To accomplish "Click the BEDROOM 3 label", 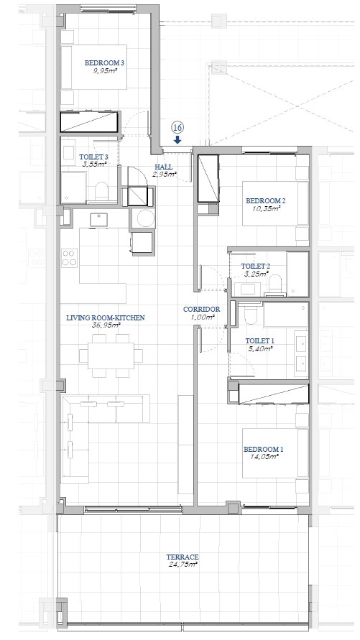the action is click(104, 63).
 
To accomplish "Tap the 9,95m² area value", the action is click(104, 70).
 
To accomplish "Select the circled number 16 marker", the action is click(177, 128).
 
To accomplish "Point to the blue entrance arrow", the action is click(177, 140).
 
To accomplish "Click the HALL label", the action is click(163, 167).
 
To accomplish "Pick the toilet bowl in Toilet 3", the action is click(101, 191).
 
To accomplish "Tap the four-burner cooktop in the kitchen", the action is click(70, 258).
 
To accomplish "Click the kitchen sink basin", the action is click(98, 220).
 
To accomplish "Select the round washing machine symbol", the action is click(145, 218).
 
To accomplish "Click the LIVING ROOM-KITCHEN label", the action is click(106, 318).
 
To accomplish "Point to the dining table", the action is click(111, 356).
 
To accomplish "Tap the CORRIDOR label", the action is click(202, 310).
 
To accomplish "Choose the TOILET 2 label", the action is click(256, 266).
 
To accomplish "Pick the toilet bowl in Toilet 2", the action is click(276, 284).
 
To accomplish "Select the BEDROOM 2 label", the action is click(265, 200).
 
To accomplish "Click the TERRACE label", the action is click(183, 557).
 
